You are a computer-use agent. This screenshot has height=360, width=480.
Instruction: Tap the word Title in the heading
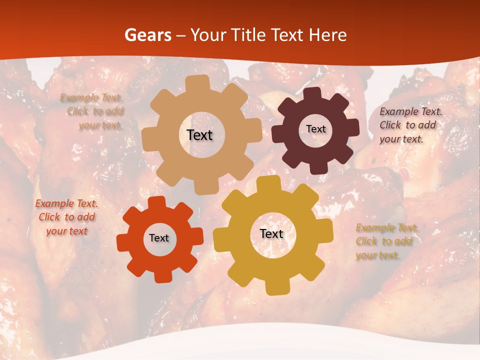click(245, 35)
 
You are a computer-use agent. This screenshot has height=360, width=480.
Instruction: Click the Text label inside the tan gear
click(200, 135)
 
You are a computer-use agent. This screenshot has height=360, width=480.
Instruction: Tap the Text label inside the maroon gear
click(315, 129)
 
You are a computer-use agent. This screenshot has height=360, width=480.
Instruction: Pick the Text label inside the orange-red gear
click(159, 238)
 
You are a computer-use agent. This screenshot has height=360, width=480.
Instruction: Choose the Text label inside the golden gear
click(271, 233)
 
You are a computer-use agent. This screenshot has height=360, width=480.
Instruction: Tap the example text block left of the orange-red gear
click(66, 217)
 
